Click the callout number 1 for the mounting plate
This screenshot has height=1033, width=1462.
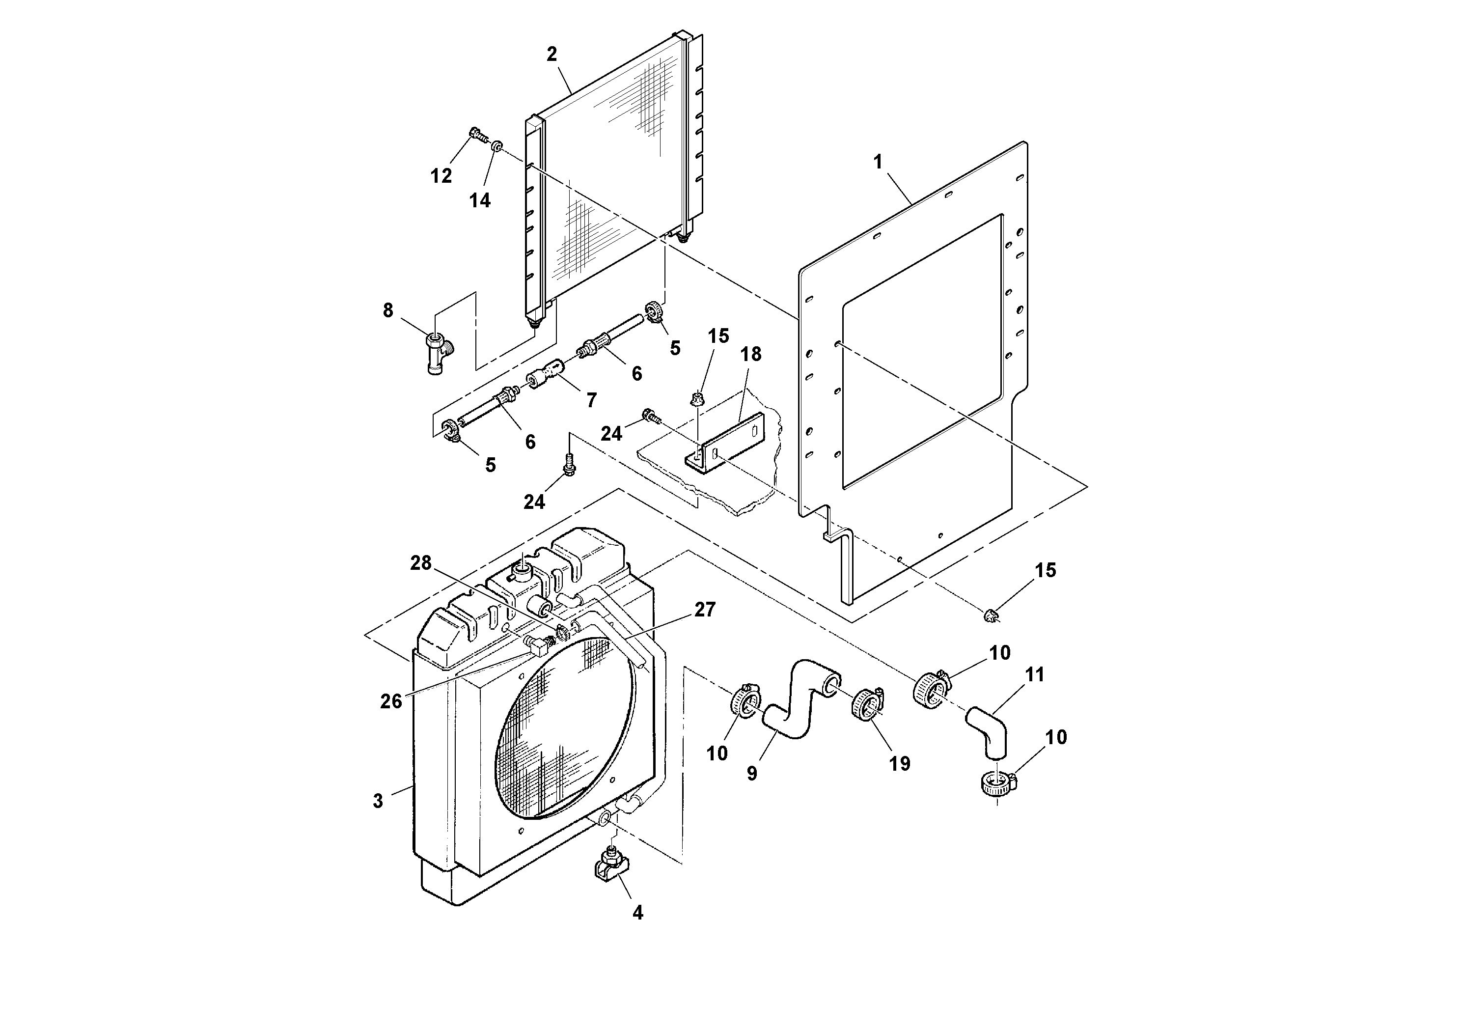878,163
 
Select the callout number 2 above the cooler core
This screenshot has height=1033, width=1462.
552,54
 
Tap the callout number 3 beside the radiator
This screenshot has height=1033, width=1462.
378,801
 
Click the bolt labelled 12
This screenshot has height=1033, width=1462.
476,135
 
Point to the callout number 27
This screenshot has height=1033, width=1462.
705,610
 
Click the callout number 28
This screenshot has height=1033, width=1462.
420,563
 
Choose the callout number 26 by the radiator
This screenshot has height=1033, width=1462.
391,700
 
